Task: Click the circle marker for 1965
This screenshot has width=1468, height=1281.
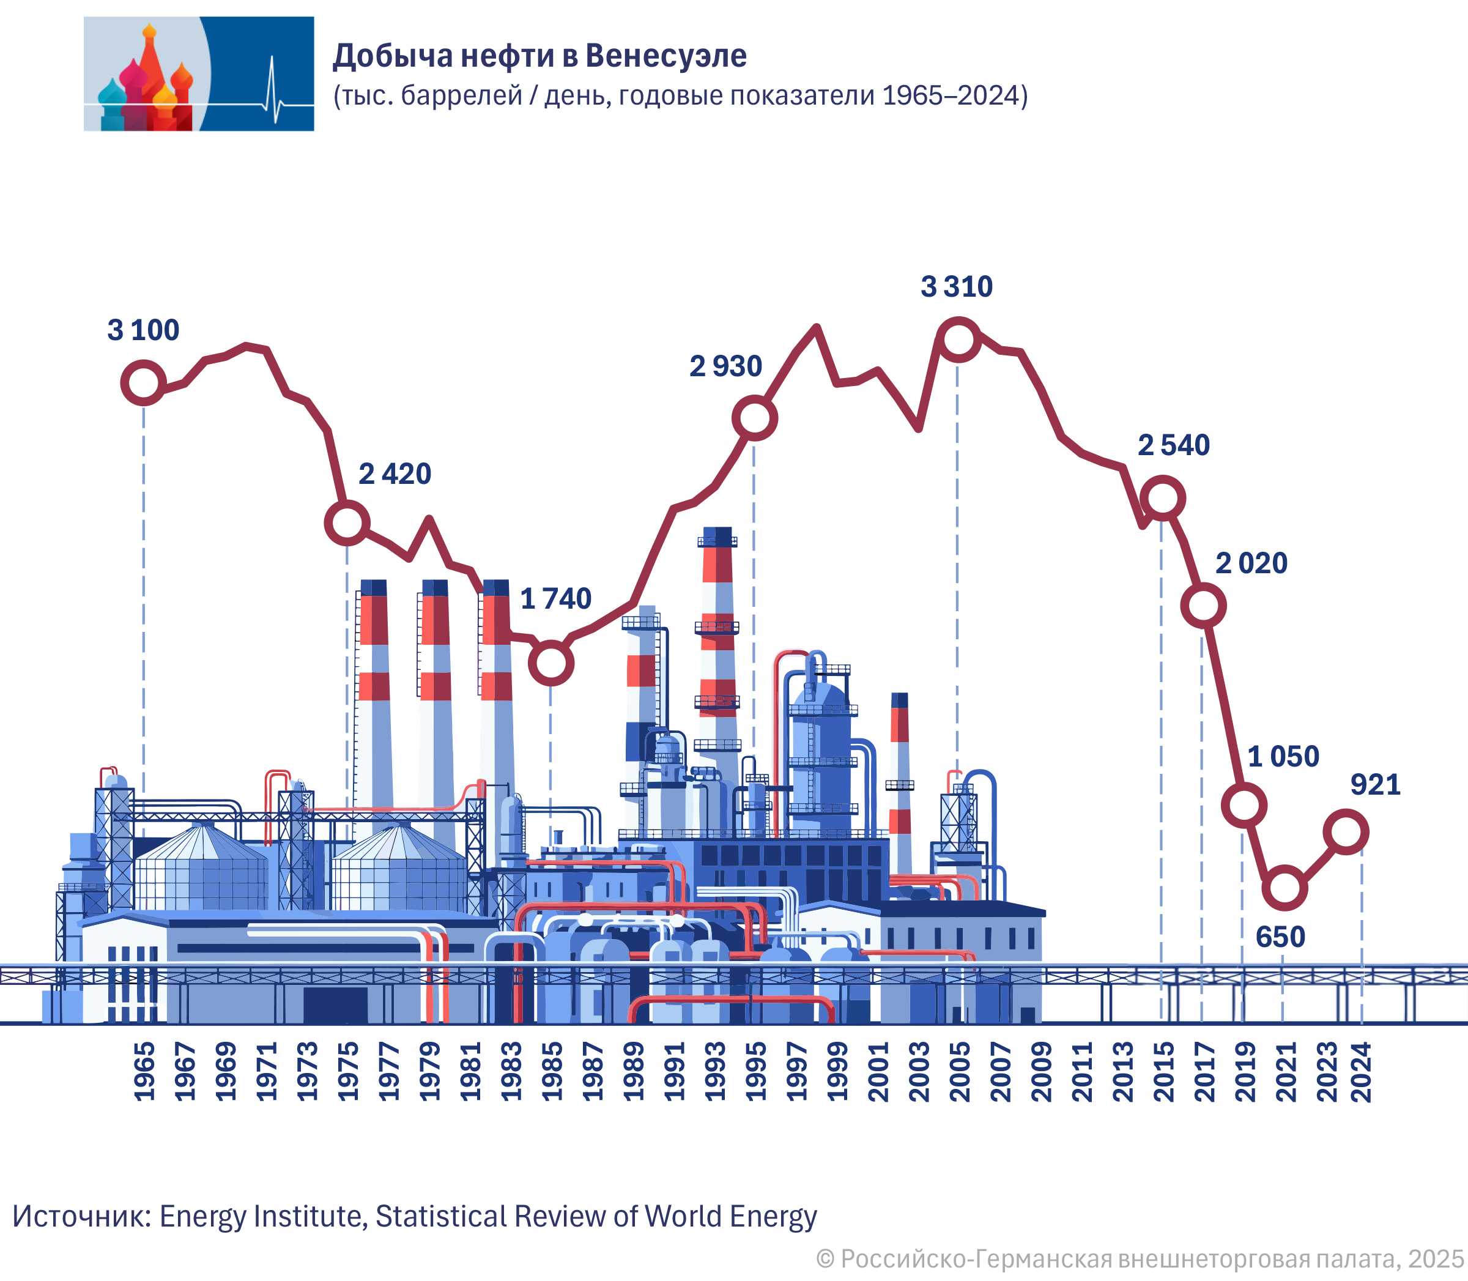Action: pyautogui.click(x=143, y=382)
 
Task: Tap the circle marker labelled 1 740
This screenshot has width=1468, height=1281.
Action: pyautogui.click(x=550, y=663)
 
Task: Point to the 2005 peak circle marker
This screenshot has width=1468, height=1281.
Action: pyautogui.click(x=958, y=339)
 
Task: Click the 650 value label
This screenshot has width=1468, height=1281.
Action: pyautogui.click(x=1280, y=937)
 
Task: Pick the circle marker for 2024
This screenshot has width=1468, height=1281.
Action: pyautogui.click(x=1346, y=832)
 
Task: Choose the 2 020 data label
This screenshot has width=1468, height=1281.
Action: pyautogui.click(x=1251, y=563)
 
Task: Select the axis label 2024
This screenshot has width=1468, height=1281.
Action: pyautogui.click(x=1362, y=1072)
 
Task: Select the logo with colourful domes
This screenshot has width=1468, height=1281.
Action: pyautogui.click(x=199, y=73)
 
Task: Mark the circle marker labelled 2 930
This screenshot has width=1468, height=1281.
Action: pyautogui.click(x=754, y=417)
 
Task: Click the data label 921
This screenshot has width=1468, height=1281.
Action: pyautogui.click(x=1374, y=785)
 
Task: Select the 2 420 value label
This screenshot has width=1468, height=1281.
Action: pyautogui.click(x=395, y=474)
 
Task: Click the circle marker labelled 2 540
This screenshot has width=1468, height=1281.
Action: pyautogui.click(x=1162, y=497)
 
